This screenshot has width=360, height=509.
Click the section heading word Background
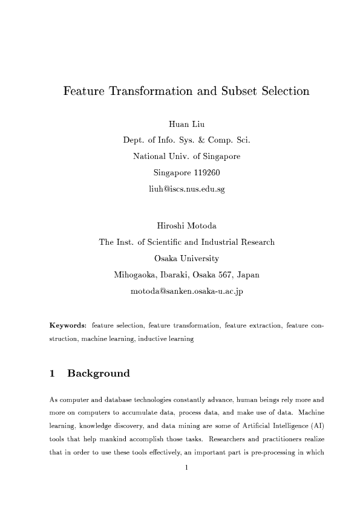point(99,374)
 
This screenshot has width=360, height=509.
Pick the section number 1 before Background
point(53,374)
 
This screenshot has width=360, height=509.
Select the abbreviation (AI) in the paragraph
point(315,426)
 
